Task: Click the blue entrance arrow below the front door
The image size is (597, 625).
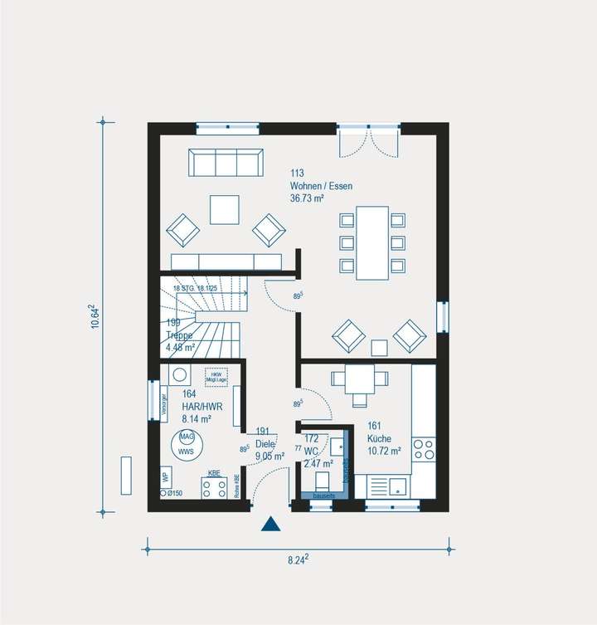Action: (269, 523)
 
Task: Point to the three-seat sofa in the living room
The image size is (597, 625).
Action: (226, 163)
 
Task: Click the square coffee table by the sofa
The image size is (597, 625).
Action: (224, 209)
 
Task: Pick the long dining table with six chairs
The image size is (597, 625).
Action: (372, 242)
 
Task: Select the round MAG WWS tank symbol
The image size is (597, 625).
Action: (187, 444)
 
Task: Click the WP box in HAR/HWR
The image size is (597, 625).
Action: (166, 478)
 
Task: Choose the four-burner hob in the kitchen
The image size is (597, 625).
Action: (424, 449)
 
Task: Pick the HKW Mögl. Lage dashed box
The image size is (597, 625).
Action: (216, 375)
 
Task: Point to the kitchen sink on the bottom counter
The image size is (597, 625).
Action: (390, 485)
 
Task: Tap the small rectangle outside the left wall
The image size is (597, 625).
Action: (126, 476)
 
